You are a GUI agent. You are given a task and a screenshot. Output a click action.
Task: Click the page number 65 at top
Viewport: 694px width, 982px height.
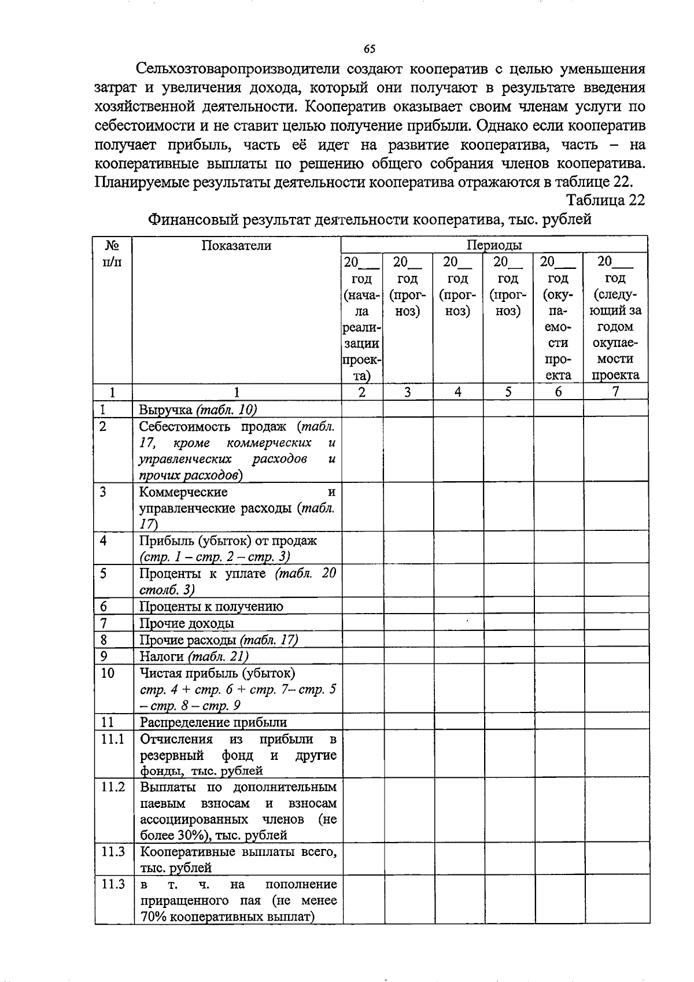click(x=370, y=49)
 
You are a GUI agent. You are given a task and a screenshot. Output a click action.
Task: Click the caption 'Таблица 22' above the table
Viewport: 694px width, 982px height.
click(x=605, y=200)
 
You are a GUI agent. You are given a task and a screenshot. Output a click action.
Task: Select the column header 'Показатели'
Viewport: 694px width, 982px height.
click(x=236, y=245)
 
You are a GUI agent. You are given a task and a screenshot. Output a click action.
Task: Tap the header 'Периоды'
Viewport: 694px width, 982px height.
click(x=494, y=245)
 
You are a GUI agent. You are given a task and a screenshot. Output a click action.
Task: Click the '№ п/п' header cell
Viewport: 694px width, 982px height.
click(x=113, y=253)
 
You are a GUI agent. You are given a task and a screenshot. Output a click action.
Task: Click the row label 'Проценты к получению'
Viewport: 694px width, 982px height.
click(x=211, y=607)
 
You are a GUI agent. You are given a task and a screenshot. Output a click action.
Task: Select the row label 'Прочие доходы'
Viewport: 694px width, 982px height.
click(x=187, y=623)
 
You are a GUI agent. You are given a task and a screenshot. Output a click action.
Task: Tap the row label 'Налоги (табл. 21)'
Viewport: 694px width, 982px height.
click(x=194, y=656)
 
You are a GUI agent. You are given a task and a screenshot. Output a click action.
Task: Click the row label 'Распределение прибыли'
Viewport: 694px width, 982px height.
click(x=213, y=722)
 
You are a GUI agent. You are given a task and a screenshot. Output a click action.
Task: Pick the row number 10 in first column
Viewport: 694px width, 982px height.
click(x=108, y=673)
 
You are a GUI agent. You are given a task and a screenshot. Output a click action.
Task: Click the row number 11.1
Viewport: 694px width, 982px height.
click(x=113, y=739)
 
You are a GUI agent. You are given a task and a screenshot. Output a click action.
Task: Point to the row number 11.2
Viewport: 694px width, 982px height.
click(x=113, y=787)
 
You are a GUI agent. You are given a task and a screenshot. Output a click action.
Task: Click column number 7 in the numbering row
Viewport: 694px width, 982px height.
click(x=615, y=392)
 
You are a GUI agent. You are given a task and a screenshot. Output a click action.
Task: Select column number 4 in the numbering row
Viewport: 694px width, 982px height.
click(x=457, y=392)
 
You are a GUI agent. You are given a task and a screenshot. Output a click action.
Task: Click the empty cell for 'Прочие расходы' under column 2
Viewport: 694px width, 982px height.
click(x=362, y=640)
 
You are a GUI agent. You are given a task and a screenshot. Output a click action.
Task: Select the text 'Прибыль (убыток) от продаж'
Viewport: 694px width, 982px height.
click(x=228, y=541)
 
